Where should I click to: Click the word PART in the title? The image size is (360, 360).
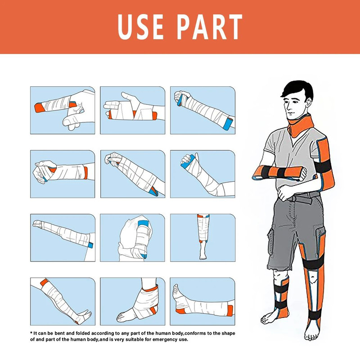pos(210,27)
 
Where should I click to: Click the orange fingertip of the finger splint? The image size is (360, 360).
pos(38,108)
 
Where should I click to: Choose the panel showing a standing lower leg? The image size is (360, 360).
pos(202,238)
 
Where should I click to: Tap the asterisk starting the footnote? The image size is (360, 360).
pos(31,333)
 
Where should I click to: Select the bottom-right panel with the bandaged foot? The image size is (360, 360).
pos(202,301)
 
